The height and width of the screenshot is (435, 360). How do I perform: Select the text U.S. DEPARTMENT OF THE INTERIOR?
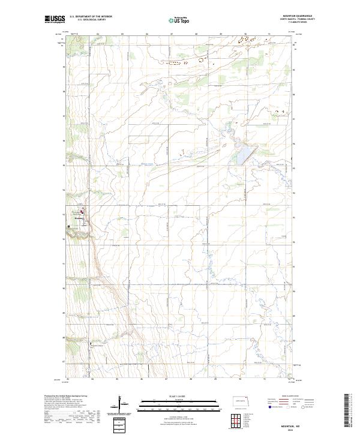[x=91, y=17]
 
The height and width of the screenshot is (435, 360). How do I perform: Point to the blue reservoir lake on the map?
[x=242, y=155]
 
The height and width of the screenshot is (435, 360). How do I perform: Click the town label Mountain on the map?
[x=79, y=219]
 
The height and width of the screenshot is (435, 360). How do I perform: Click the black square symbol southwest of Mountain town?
[x=69, y=226]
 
